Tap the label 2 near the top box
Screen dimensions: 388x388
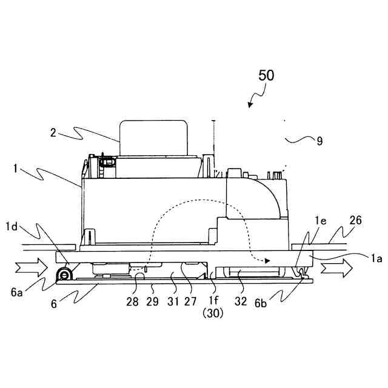54,133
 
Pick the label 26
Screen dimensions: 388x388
356,221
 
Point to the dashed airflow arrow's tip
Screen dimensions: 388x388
267,261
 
